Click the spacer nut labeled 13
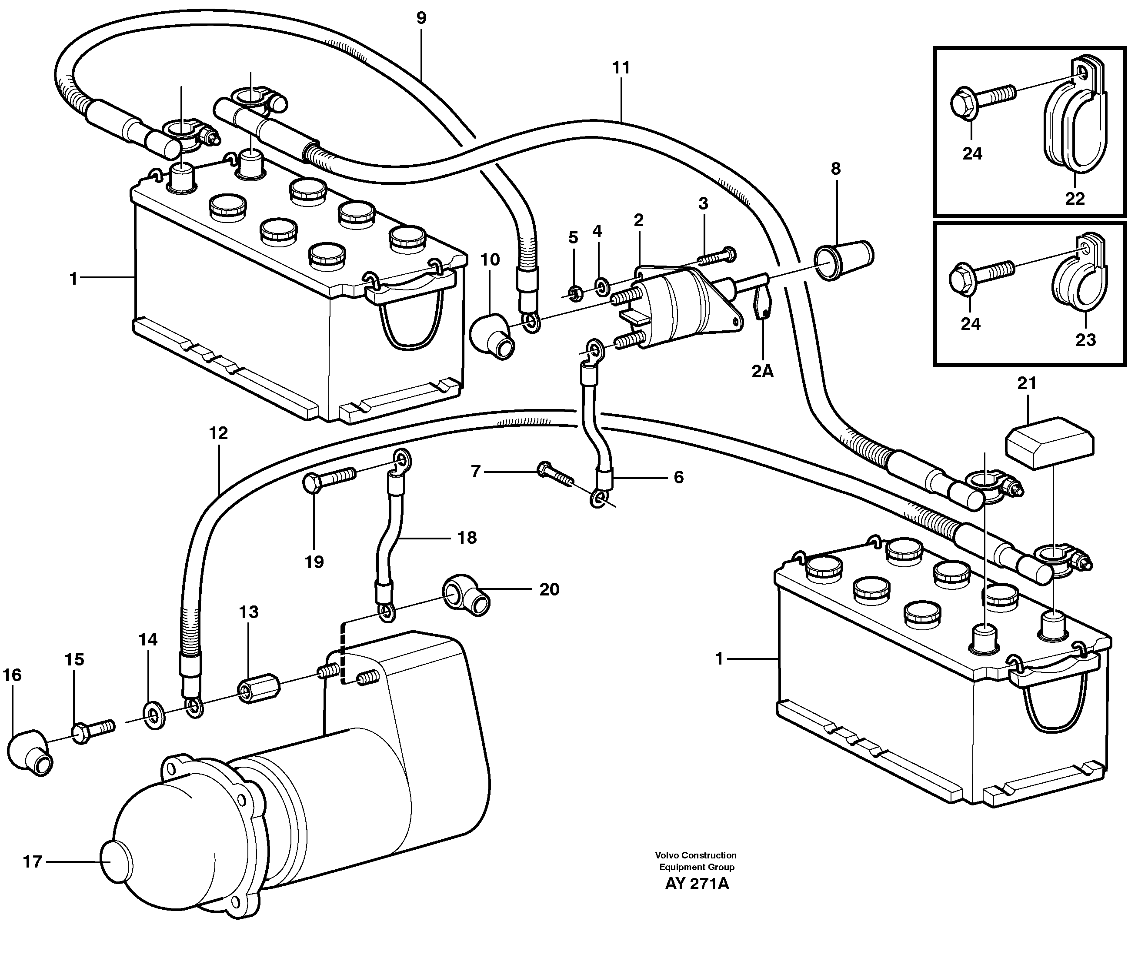259,690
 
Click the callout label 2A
762,372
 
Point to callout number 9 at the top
421,18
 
